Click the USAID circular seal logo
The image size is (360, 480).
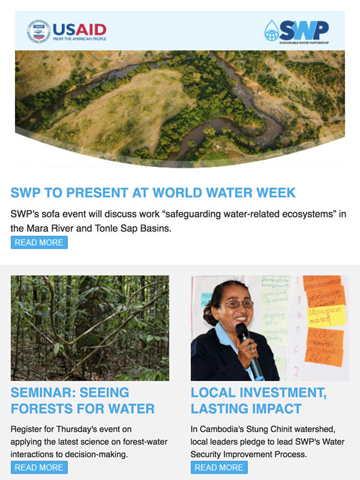click(x=38, y=31)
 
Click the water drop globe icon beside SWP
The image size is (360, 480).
click(x=272, y=31)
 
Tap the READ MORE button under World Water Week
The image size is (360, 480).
click(x=39, y=242)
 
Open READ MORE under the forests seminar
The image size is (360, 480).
click(x=39, y=467)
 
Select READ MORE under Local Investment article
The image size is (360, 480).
click(x=219, y=467)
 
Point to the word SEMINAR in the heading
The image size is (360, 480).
click(x=41, y=392)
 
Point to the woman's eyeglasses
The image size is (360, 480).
click(x=237, y=304)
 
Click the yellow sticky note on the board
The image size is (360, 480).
click(x=326, y=316)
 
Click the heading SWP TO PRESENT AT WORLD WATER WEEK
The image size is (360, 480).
click(x=153, y=193)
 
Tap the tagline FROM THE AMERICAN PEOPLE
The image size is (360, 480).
click(x=80, y=39)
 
